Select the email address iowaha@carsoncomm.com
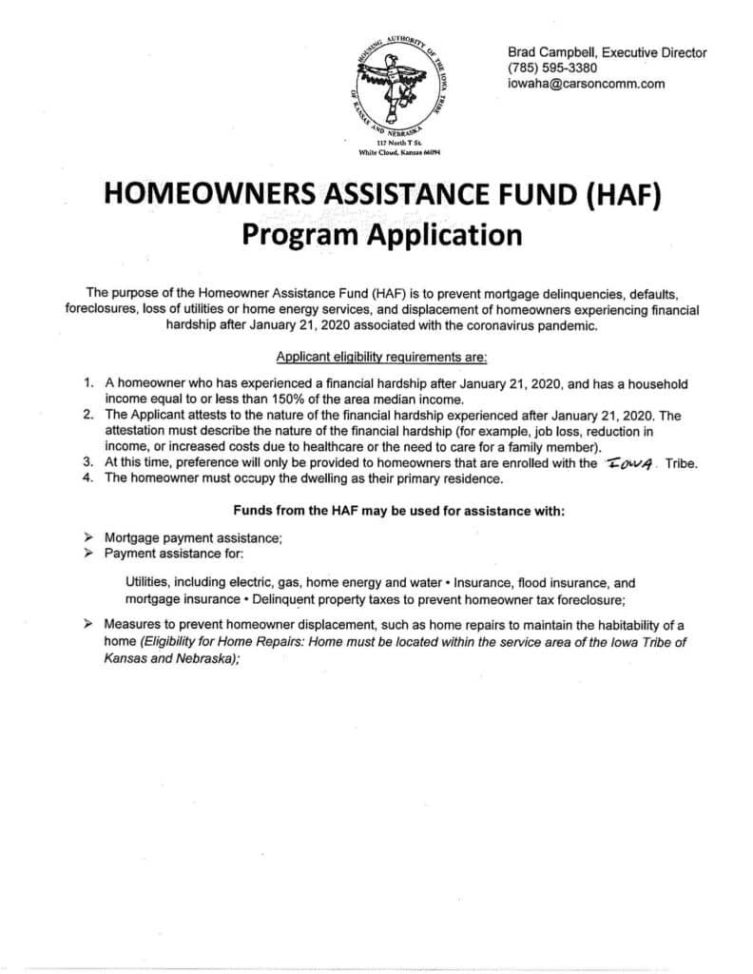click(x=586, y=84)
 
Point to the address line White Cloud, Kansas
click(x=399, y=152)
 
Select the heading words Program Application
click(x=381, y=233)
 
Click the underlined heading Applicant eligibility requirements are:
click(x=381, y=357)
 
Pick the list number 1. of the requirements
click(x=88, y=381)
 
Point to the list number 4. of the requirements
click(x=88, y=477)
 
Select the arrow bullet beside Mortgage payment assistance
click(x=88, y=537)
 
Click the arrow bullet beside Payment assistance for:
click(x=88, y=553)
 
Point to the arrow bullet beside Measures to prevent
click(x=88, y=624)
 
